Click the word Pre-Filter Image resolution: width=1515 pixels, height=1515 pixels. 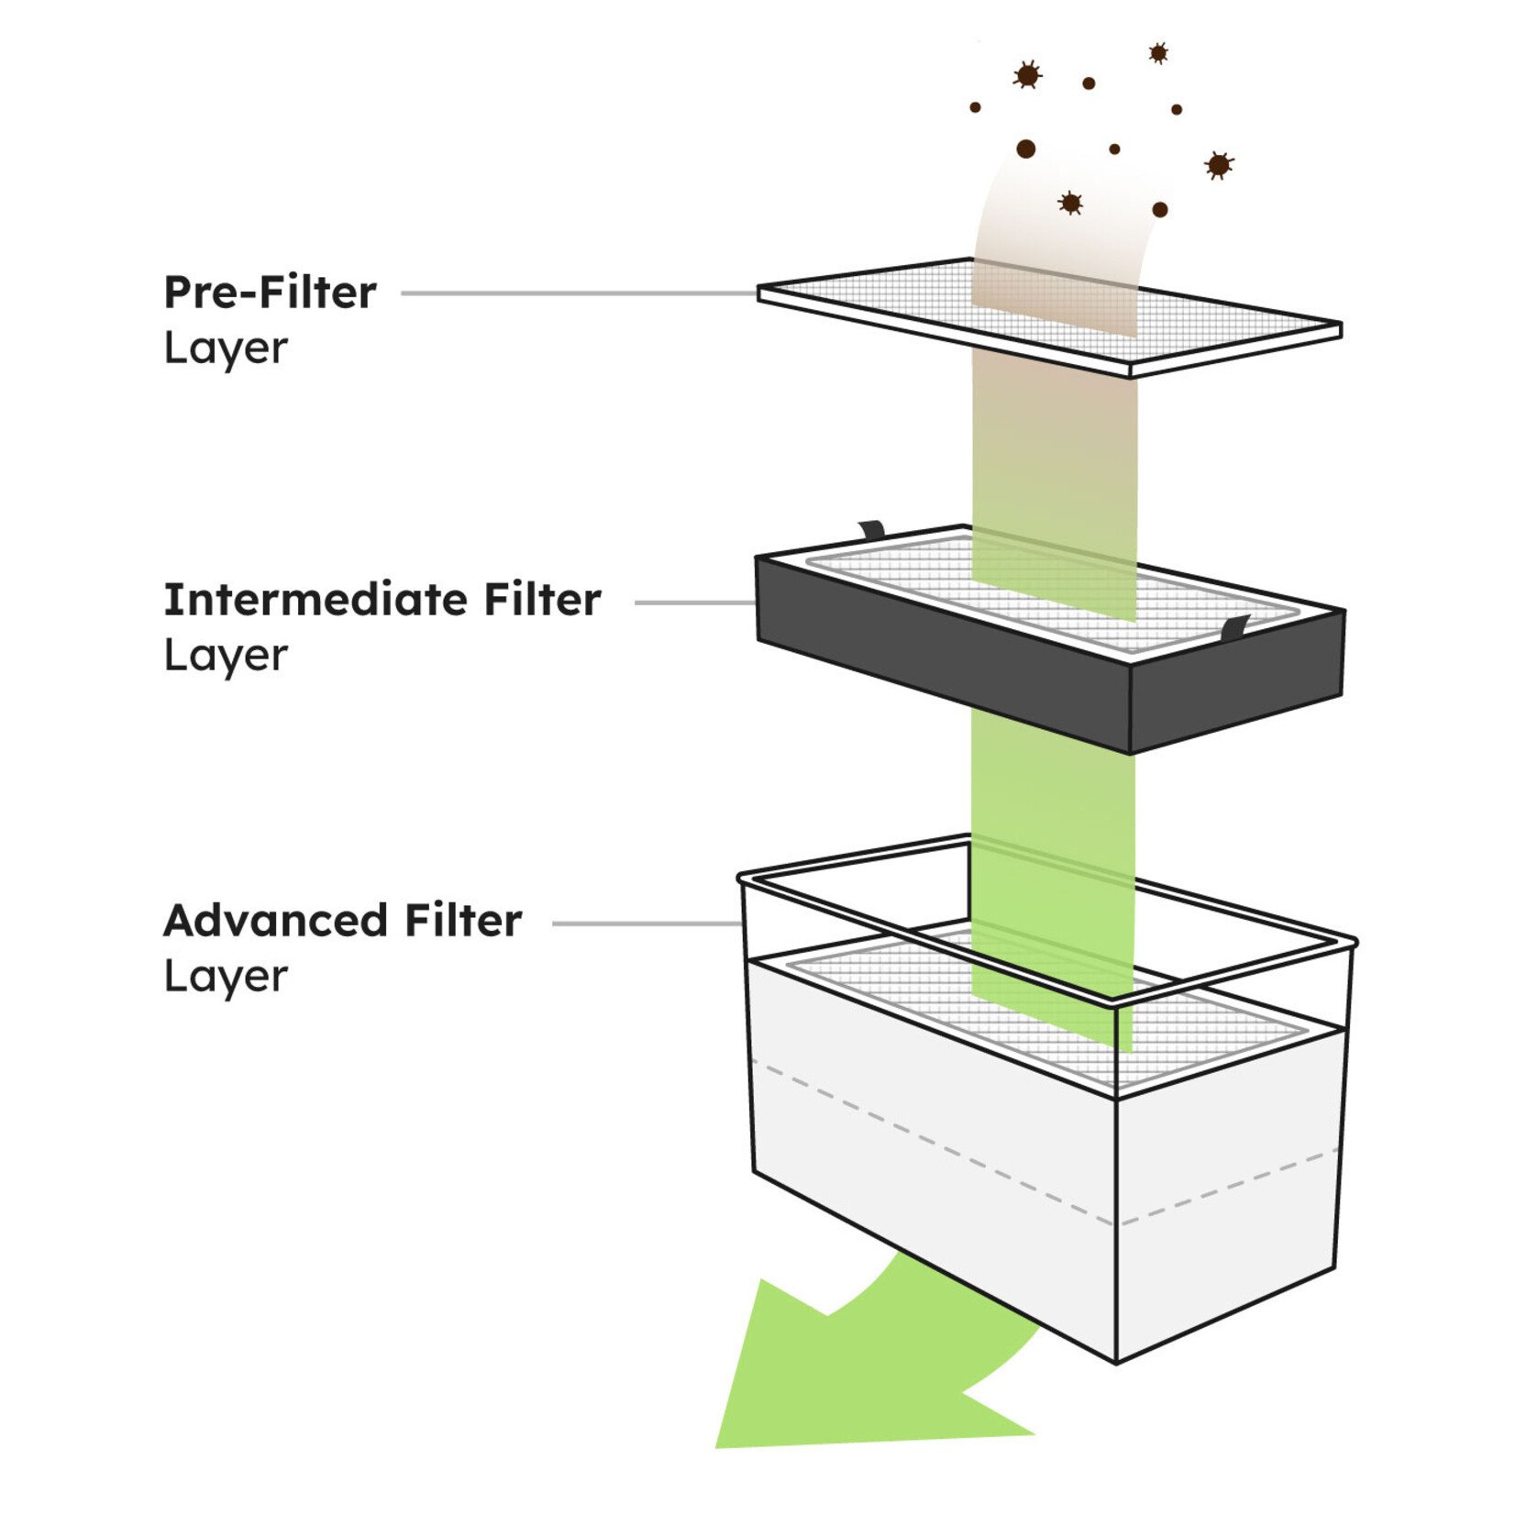point(270,293)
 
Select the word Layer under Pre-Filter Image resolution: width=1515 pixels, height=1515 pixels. point(226,348)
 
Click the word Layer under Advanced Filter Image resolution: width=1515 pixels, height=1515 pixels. point(226,977)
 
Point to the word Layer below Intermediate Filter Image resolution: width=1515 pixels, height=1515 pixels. point(226,656)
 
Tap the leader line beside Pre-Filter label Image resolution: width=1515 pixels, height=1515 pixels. point(578,293)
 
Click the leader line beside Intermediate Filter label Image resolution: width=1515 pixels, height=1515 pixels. point(694,603)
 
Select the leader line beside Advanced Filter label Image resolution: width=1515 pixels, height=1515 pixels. point(647,923)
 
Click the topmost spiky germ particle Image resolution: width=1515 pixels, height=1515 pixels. point(1158,53)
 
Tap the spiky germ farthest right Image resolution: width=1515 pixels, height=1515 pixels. point(1218,165)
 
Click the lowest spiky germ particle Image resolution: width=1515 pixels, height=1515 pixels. point(1070,203)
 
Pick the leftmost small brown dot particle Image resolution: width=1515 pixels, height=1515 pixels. point(975,107)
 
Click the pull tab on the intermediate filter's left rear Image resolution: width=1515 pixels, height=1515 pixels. point(871,530)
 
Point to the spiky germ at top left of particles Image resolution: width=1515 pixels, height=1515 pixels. point(1027,75)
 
